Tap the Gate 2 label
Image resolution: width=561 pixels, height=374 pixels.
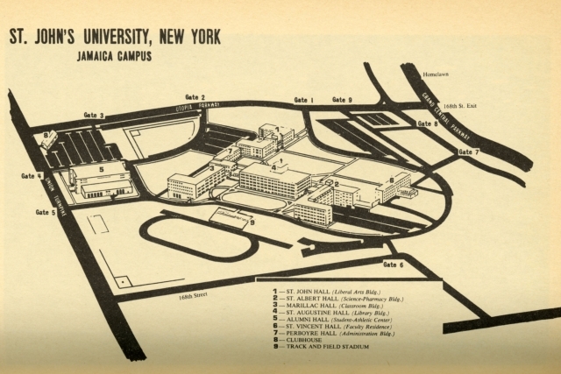pos(195,97)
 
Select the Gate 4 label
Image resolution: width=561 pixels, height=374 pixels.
pos(32,176)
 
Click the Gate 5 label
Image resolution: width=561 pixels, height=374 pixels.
pos(46,212)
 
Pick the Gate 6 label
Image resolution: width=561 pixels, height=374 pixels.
pos(394,265)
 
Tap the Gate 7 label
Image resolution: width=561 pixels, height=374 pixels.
pos(469,152)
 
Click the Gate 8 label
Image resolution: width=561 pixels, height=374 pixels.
pos(427,124)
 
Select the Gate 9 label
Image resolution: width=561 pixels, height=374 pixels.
pos(342,101)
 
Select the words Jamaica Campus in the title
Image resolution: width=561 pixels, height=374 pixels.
pos(115,57)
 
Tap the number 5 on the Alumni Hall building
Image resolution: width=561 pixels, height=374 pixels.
pos(100,169)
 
